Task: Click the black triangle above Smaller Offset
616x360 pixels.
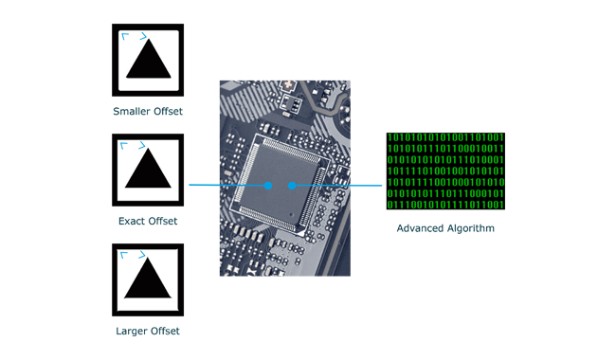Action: coord(148,65)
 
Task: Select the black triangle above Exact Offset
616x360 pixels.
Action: coord(148,174)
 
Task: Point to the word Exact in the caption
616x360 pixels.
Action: coord(132,222)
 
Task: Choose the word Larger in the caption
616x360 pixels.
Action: coord(131,332)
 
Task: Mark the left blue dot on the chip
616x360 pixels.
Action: coord(268,186)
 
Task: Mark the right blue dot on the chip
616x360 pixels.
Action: coord(292,186)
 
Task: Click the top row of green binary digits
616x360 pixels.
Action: coord(444,136)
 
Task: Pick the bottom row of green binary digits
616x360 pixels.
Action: coord(444,205)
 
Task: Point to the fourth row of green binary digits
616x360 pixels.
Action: coord(444,171)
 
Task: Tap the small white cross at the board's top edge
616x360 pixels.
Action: coord(284,84)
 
